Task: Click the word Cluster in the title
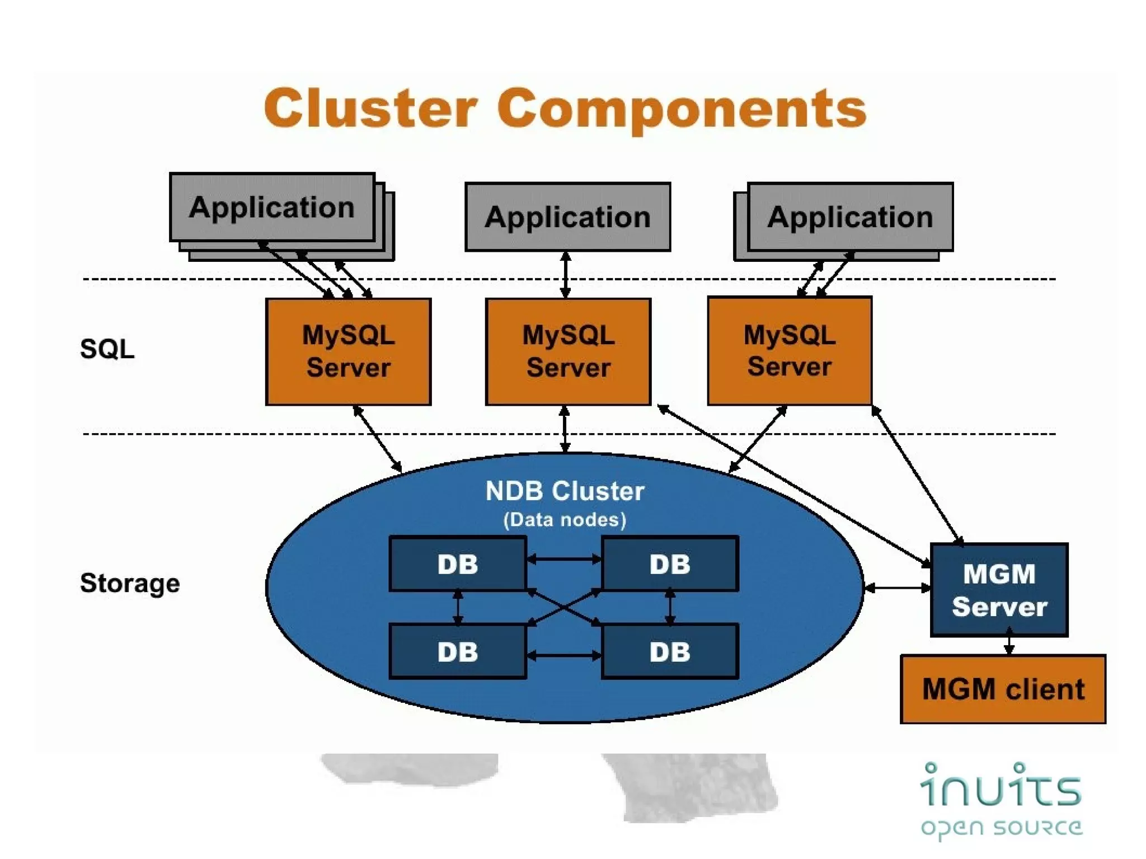click(x=370, y=109)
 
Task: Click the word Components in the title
click(x=682, y=110)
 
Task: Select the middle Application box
click(x=567, y=217)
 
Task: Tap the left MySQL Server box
click(x=348, y=351)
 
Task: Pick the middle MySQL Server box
click(x=568, y=351)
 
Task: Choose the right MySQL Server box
click(x=789, y=351)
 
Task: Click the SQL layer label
click(x=107, y=349)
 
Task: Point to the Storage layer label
click(x=130, y=583)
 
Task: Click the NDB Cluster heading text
click(x=565, y=491)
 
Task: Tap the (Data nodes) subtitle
click(x=565, y=520)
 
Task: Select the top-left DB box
click(x=458, y=564)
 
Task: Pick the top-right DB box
click(x=670, y=564)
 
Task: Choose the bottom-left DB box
click(x=458, y=652)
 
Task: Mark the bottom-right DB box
click(x=670, y=652)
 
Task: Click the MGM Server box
click(x=999, y=590)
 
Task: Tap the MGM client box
click(x=1003, y=689)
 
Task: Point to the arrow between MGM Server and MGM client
click(x=1009, y=642)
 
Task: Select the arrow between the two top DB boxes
click(x=564, y=558)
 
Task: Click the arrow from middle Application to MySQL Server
click(x=566, y=274)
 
